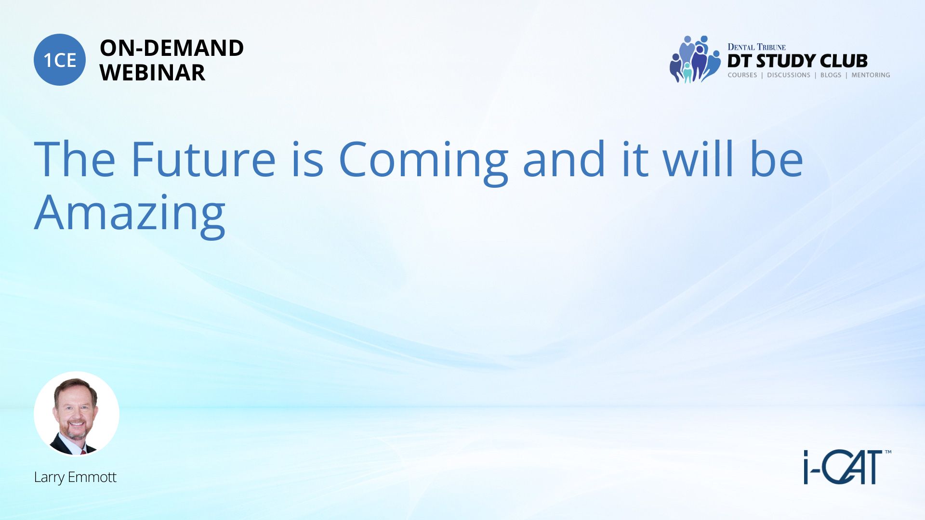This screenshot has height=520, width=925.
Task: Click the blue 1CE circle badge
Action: point(60,60)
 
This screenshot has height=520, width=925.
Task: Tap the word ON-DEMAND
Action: point(172,48)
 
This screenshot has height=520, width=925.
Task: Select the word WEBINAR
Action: point(152,73)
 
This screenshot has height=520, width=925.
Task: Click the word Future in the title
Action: point(203,159)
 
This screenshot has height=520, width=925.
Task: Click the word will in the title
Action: point(698,158)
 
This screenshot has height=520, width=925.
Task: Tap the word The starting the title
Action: point(75,159)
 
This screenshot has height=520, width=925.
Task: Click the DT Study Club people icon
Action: point(695,59)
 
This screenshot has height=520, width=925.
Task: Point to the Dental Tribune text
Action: point(756,47)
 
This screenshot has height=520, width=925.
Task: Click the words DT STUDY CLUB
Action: point(797,61)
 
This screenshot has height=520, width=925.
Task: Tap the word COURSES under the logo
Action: point(742,75)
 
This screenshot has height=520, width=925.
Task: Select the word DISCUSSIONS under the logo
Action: point(789,75)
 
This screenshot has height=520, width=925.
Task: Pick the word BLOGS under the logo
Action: point(831,75)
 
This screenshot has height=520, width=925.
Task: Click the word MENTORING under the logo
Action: point(871,75)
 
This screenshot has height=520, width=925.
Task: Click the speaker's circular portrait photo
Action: point(77,414)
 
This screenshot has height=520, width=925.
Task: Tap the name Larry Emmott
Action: point(75,477)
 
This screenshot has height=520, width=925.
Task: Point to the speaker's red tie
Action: point(83,452)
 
